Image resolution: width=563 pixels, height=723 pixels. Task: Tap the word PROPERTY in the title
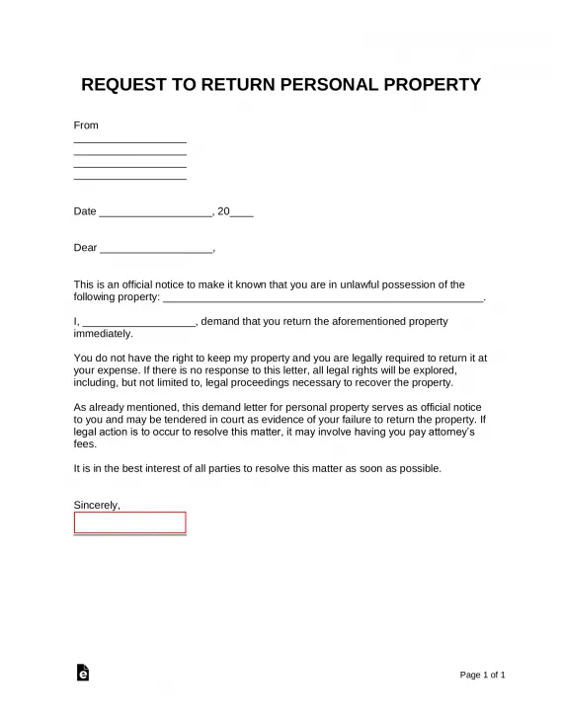coord(428,84)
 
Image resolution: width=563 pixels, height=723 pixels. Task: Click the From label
coord(86,125)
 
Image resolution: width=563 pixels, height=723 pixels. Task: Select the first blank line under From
coord(129,142)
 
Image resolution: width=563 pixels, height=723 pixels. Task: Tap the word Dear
coord(86,248)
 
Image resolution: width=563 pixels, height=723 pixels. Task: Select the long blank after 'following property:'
coord(322,297)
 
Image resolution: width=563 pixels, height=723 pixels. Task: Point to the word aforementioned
coord(353,321)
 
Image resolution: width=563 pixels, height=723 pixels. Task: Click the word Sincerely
coord(97,505)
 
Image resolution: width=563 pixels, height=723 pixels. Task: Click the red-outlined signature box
coord(129,522)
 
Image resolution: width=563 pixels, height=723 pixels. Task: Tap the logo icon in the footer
coord(83,673)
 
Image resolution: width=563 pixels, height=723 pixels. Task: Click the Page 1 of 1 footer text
coord(483,675)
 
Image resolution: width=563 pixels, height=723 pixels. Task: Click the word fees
coord(85,443)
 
